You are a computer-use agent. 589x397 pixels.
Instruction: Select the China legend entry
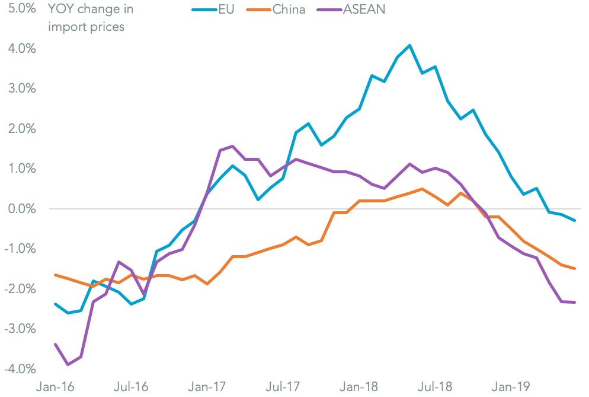278,9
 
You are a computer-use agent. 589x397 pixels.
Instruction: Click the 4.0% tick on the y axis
20,49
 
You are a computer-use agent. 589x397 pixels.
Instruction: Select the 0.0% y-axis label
20,209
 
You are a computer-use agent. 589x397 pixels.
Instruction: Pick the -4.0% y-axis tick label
19,369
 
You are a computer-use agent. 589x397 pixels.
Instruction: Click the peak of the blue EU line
409,45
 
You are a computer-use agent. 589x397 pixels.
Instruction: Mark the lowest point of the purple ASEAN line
68,364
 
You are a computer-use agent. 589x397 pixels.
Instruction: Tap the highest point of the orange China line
422,189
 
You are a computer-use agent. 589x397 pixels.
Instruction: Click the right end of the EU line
574,221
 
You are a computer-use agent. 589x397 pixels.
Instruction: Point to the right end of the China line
574,268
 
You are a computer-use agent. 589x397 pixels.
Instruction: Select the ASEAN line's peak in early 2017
232,146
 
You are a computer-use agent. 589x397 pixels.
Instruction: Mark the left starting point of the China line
55,275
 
